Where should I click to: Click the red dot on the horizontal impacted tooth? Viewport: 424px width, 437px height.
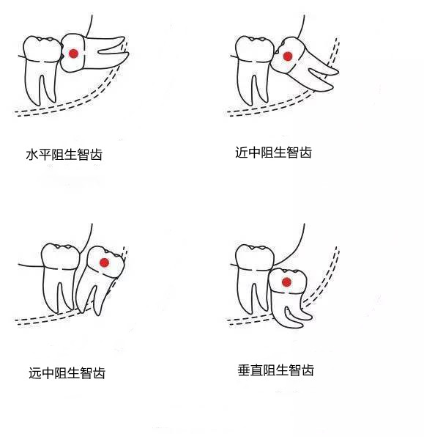(73, 54)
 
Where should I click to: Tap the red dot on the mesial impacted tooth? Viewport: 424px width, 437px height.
(288, 56)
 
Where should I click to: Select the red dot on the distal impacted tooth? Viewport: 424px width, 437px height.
(104, 262)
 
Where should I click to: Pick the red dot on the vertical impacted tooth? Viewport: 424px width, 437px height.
(287, 281)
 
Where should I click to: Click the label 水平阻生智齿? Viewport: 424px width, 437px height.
(63, 155)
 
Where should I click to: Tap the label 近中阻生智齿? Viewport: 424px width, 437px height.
(273, 153)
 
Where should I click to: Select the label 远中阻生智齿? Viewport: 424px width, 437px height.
(67, 372)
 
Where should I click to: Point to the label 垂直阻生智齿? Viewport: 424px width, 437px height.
(275, 370)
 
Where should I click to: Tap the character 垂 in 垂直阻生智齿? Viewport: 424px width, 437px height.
(245, 370)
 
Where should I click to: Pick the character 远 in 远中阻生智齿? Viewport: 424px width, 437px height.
(36, 372)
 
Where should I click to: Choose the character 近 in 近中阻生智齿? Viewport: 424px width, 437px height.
(242, 153)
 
